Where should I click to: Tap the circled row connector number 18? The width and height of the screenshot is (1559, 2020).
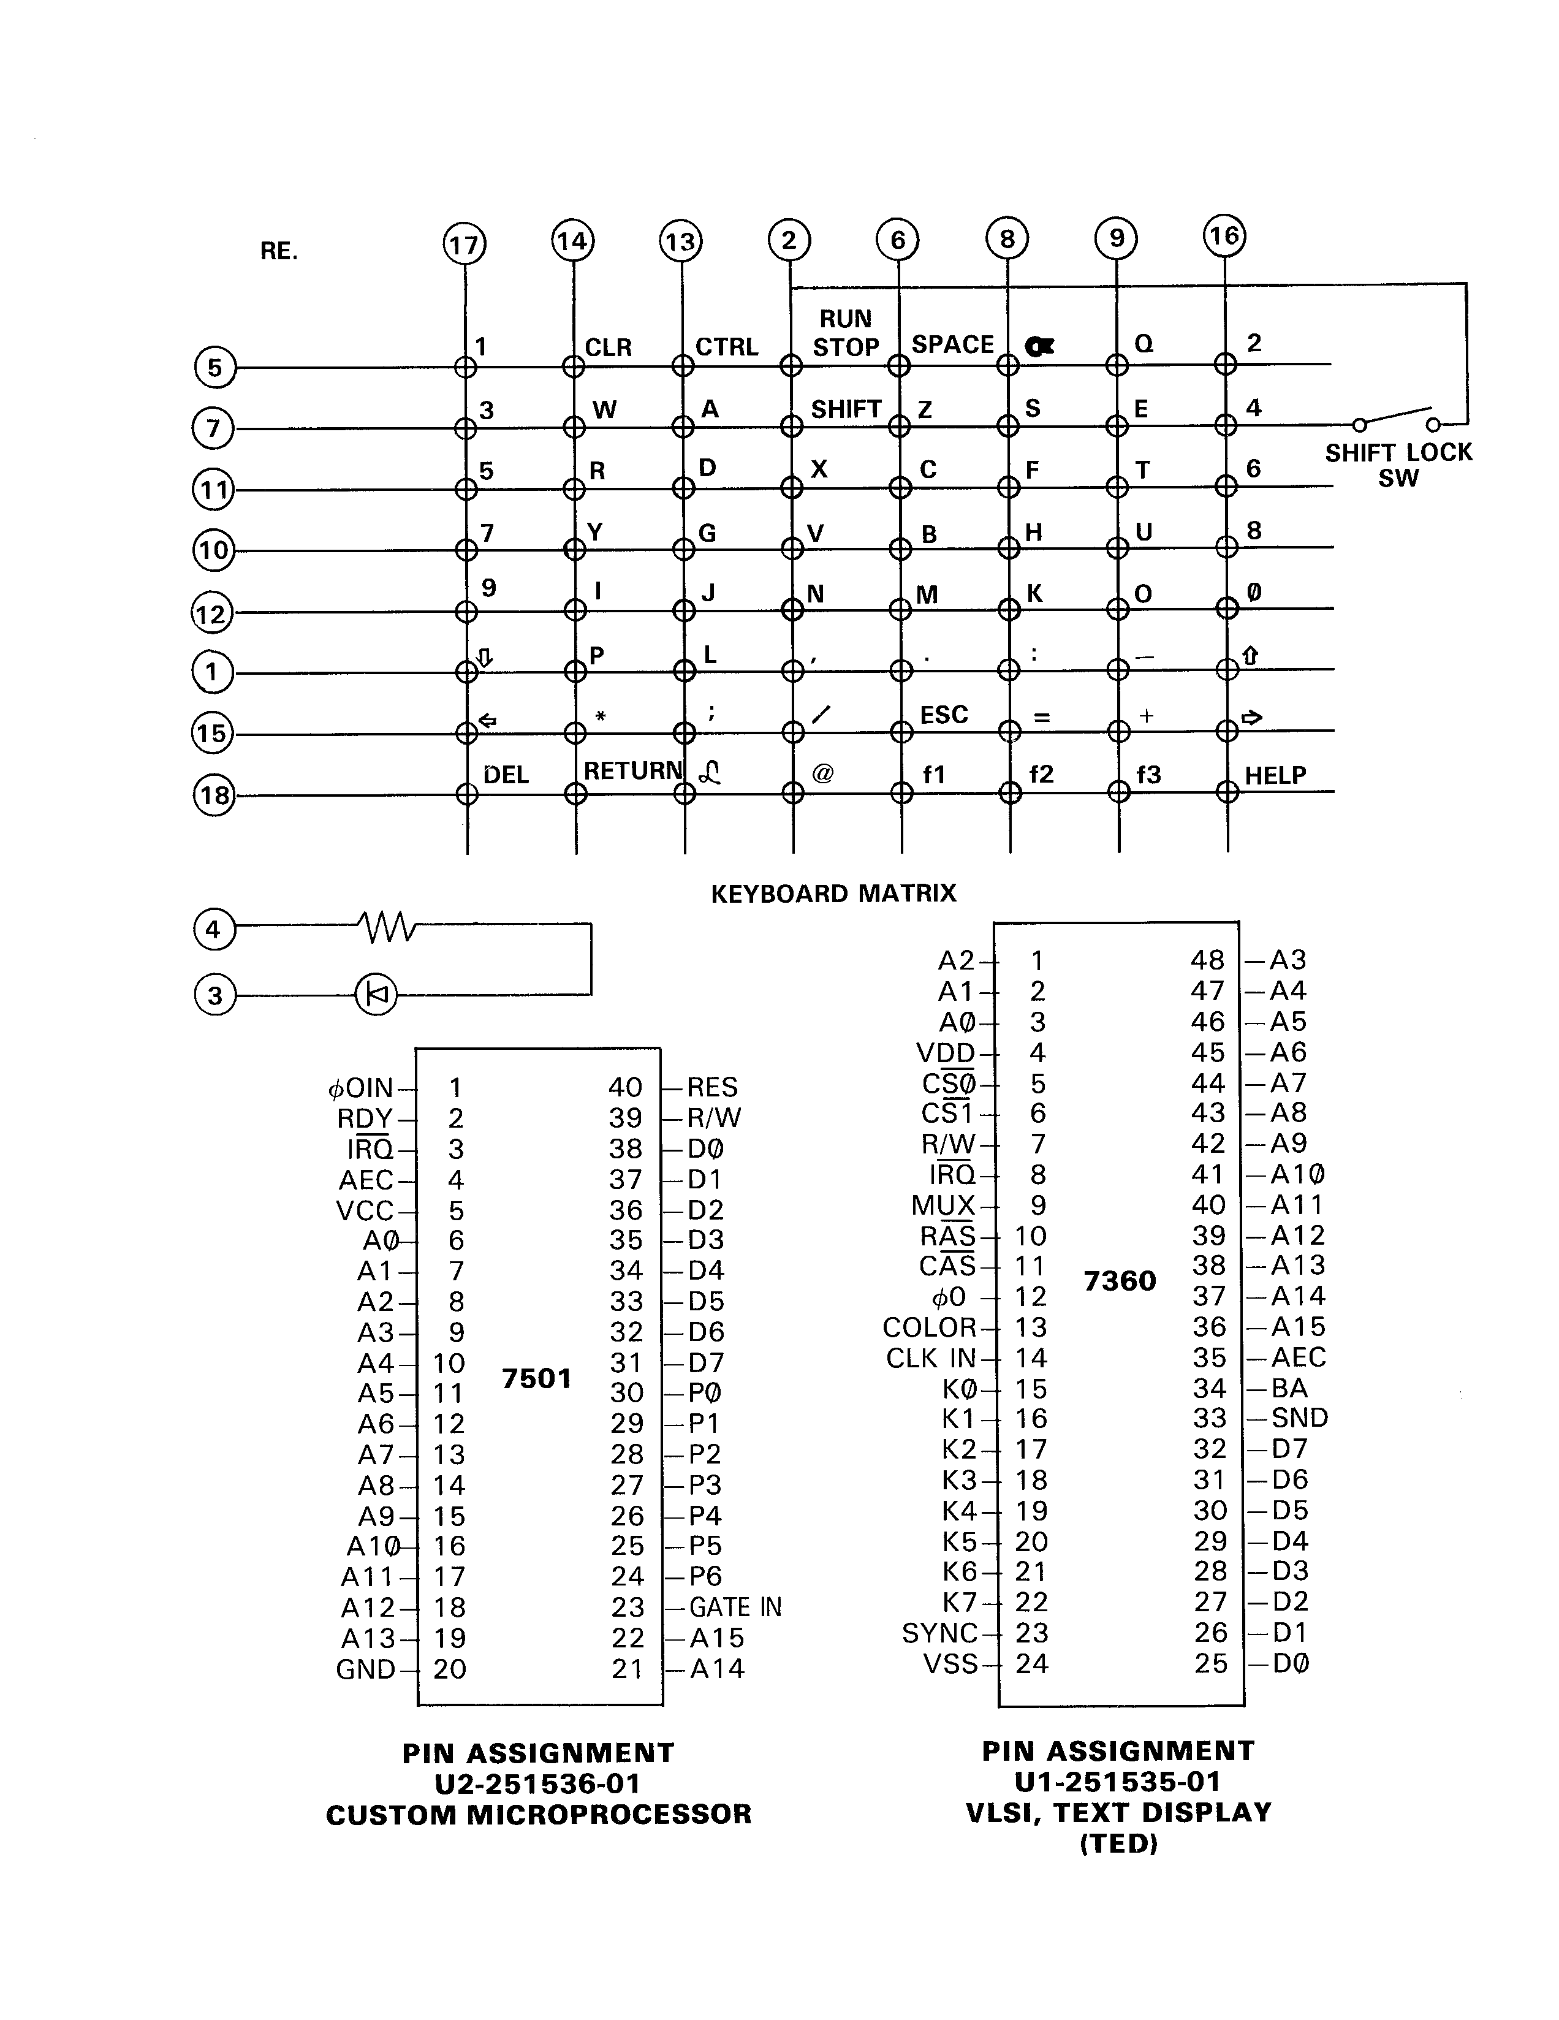coord(214,795)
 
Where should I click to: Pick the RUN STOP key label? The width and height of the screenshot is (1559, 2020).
coord(845,333)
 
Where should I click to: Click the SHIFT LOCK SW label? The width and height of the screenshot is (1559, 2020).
coord(1397,465)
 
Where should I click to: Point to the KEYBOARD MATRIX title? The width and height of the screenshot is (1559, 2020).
coord(833,894)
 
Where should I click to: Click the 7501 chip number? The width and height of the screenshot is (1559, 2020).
coord(536,1378)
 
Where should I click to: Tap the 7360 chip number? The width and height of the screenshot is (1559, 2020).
coord(1120,1281)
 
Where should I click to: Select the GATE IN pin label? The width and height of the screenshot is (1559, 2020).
coord(735,1608)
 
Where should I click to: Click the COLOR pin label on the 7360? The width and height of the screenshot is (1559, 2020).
coord(929,1327)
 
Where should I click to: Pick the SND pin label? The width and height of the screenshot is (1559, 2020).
coord(1299,1418)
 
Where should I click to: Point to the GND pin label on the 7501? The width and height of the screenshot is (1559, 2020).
coord(365,1669)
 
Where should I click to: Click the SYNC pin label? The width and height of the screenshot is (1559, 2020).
coord(939,1633)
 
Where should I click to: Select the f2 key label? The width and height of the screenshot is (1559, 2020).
coord(1041,773)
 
